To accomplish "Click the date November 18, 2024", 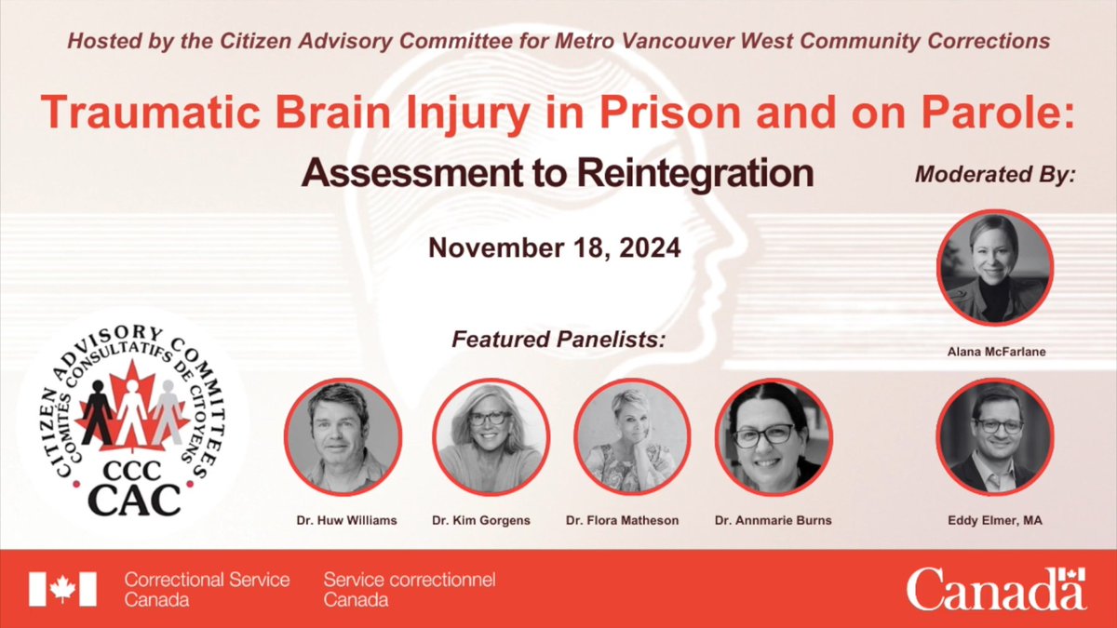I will [554, 248].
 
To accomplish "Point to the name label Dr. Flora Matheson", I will [632, 520].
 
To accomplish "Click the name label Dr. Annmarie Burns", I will [773, 520].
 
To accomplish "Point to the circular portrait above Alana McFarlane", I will [994, 266].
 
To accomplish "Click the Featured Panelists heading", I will [558, 340].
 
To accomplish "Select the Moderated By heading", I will [994, 174].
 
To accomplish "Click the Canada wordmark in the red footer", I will [996, 589].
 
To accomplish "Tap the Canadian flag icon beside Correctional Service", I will [62, 589].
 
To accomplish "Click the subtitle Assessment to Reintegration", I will [558, 173].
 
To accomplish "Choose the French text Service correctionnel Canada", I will [409, 589].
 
